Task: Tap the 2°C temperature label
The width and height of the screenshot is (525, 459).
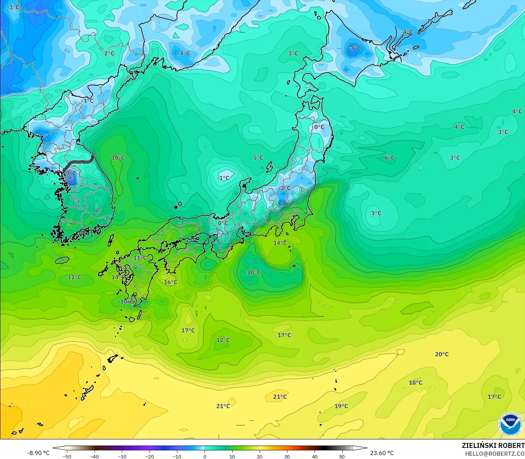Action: pos(109,53)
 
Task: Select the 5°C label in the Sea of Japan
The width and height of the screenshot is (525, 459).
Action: pos(258,158)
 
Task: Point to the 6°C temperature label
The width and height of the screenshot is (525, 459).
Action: pos(389,158)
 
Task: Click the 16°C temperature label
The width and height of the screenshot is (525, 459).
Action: pos(170,282)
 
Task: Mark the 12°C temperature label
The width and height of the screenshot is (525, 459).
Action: pos(223,340)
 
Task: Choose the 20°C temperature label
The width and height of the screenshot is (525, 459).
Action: pos(442,354)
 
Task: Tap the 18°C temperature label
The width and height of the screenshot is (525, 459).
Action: pos(415,383)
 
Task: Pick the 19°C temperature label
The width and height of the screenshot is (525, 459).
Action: pos(341,406)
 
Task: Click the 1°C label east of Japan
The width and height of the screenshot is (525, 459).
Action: pos(376,213)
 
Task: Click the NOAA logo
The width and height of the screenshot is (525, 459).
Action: pos(510,424)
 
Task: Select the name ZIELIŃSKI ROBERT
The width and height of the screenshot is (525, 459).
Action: pos(493,445)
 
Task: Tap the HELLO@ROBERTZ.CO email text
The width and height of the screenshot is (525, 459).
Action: pos(495,454)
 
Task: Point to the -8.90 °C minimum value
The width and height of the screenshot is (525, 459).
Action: pos(38,453)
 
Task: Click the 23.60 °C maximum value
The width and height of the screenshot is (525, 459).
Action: pos(382,453)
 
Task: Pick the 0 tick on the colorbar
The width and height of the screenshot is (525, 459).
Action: pos(204,456)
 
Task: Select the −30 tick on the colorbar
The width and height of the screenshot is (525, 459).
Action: pos(122,456)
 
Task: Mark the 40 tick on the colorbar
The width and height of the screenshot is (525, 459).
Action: pos(315,456)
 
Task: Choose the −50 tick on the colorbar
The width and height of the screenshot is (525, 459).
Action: pos(67,456)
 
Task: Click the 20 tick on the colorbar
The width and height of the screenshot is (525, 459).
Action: pos(259,456)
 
